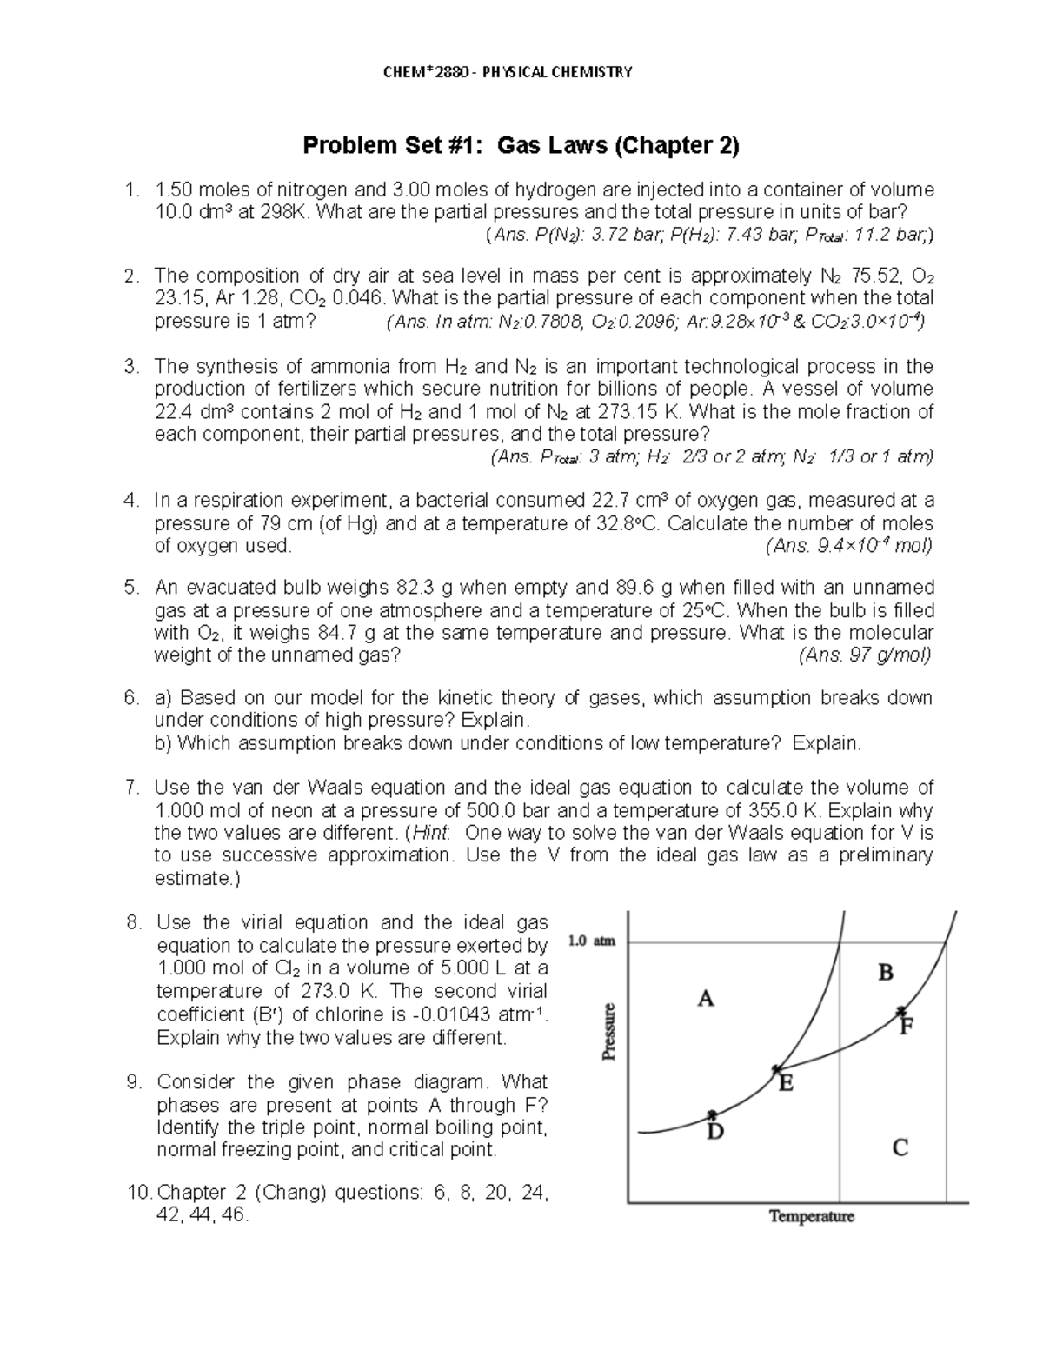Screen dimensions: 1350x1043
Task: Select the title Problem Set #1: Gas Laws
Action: click(x=521, y=145)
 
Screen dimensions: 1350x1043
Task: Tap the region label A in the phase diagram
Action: click(x=706, y=999)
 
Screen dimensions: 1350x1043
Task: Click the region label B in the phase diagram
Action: click(x=886, y=972)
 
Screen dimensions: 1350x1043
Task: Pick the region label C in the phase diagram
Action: click(x=900, y=1148)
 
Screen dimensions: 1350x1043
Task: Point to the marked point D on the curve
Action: click(x=713, y=1115)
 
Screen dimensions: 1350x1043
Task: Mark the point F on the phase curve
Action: click(x=901, y=1010)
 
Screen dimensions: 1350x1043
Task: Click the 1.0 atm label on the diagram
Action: click(x=591, y=941)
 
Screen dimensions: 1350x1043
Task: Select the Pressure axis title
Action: click(x=609, y=1032)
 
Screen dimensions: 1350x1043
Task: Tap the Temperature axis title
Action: click(x=811, y=1217)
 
